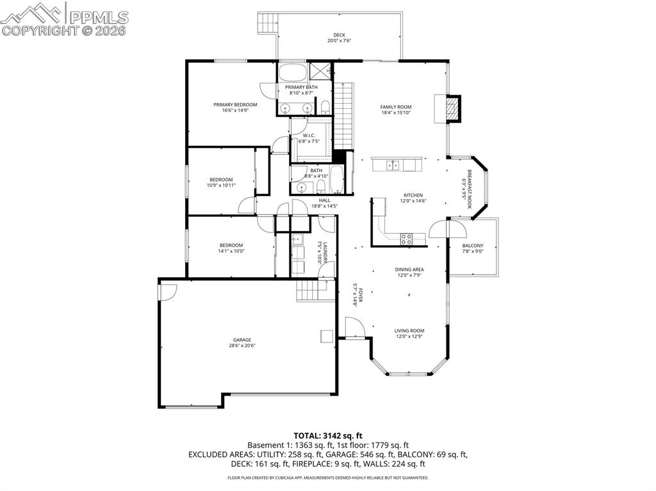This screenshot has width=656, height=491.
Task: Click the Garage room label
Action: (242, 340)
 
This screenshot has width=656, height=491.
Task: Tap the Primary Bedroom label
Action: (235, 104)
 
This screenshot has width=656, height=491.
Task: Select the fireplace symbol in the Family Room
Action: (453, 108)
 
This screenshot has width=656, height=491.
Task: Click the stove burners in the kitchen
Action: (406, 239)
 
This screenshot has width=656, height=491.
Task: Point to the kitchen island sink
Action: (393, 165)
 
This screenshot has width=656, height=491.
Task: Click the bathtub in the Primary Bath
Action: (293, 70)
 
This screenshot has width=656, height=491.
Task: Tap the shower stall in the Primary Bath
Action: (320, 70)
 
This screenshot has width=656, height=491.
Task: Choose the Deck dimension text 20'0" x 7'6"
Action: (339, 40)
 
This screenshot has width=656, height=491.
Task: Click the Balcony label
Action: (473, 246)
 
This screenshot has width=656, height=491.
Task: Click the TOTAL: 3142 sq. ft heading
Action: (327, 436)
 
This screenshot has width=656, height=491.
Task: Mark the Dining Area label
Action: (409, 270)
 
